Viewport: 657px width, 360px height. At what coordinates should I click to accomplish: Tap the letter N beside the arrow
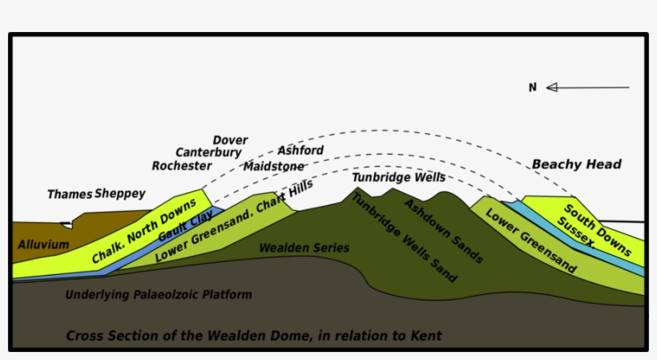pyautogui.click(x=532, y=87)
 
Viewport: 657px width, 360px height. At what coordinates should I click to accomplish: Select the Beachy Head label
pyautogui.click(x=577, y=164)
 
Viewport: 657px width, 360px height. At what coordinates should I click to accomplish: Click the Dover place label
pyautogui.click(x=230, y=140)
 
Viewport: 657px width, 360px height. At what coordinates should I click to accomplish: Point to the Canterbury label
pyautogui.click(x=208, y=152)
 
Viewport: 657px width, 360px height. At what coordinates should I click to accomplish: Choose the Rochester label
pyautogui.click(x=182, y=166)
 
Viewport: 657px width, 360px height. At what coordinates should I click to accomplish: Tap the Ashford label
pyautogui.click(x=300, y=150)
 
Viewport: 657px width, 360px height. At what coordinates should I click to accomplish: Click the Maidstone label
pyautogui.click(x=274, y=166)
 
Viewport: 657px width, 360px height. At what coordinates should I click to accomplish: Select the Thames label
pyautogui.click(x=70, y=194)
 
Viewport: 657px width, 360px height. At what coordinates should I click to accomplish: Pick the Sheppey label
pyautogui.click(x=120, y=194)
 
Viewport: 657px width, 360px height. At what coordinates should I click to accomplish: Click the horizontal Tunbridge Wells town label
pyautogui.click(x=398, y=177)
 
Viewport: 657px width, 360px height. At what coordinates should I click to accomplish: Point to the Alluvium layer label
pyautogui.click(x=43, y=244)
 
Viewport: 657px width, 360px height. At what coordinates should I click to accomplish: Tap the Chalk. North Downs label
pyautogui.click(x=144, y=233)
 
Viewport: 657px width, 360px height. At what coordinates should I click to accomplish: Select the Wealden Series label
pyautogui.click(x=304, y=249)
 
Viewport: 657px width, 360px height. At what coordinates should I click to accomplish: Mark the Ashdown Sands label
pyautogui.click(x=443, y=230)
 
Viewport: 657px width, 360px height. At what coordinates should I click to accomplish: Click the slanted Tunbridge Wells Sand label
pyautogui.click(x=405, y=238)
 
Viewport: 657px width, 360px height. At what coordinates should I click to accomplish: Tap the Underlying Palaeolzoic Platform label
pyautogui.click(x=159, y=294)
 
